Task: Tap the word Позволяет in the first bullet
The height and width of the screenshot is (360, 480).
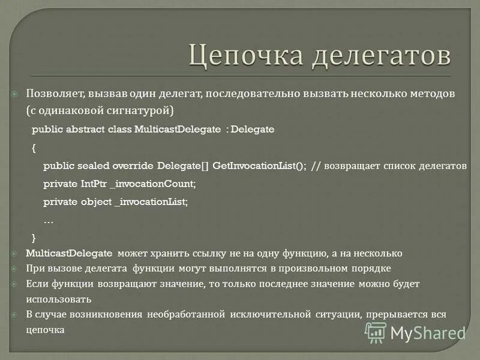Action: (x=55, y=94)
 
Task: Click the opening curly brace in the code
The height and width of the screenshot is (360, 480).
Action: (x=34, y=147)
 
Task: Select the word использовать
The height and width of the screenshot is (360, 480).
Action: (x=58, y=298)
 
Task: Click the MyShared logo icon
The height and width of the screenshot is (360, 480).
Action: (x=376, y=332)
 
